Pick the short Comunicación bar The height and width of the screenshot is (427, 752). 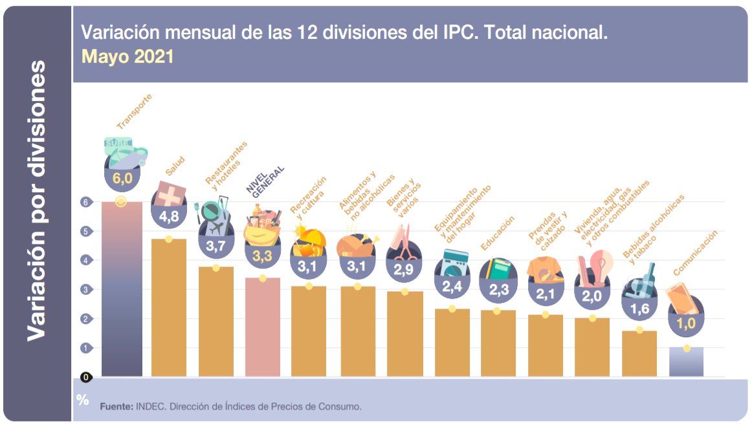click(x=686, y=362)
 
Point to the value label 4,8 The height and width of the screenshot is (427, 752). click(x=169, y=217)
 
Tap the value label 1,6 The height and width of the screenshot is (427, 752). click(x=639, y=309)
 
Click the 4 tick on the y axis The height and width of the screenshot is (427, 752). click(x=84, y=260)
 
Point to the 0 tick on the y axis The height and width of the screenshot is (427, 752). click(x=85, y=377)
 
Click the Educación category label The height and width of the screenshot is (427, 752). click(x=498, y=234)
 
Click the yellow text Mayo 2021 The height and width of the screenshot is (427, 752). click(x=127, y=56)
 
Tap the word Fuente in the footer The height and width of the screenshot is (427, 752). click(x=116, y=407)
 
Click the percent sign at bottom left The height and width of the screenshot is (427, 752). click(x=82, y=400)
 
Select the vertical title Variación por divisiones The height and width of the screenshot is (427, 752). click(x=37, y=201)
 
